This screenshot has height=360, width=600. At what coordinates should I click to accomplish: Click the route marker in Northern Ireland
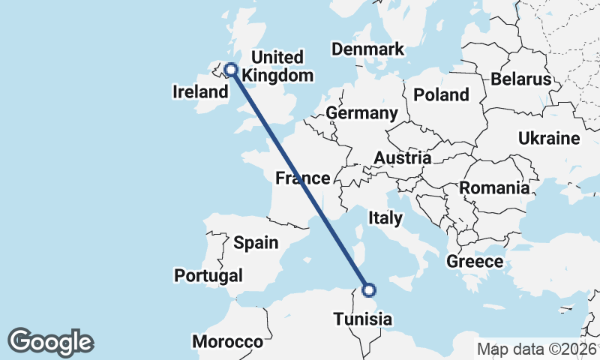pyautogui.click(x=231, y=70)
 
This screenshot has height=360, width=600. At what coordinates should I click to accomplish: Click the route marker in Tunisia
pyautogui.click(x=369, y=290)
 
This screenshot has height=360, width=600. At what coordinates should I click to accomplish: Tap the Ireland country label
pyautogui.click(x=200, y=92)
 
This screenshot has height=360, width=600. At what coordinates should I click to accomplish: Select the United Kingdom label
pyautogui.click(x=277, y=67)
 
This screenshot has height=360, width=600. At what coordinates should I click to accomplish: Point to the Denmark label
pyautogui.click(x=368, y=49)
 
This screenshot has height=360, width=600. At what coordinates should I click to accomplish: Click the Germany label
pyautogui.click(x=361, y=113)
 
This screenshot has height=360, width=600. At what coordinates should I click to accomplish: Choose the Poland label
pyautogui.click(x=442, y=94)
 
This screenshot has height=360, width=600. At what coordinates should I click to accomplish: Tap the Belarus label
pyautogui.click(x=521, y=79)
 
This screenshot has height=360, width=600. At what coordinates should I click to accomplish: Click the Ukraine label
pyautogui.click(x=549, y=139)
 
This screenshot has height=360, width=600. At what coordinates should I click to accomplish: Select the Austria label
pyautogui.click(x=403, y=158)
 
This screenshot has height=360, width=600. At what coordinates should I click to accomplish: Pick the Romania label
pyautogui.click(x=494, y=188)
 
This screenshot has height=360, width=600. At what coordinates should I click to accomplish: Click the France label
pyautogui.click(x=302, y=178)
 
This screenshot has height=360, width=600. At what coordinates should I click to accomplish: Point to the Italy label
pyautogui.click(x=385, y=218)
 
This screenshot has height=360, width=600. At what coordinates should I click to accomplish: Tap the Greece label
pyautogui.click(x=474, y=262)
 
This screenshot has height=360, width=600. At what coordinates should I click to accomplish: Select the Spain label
pyautogui.click(x=256, y=242)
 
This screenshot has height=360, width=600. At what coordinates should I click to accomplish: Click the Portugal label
pyautogui.click(x=208, y=276)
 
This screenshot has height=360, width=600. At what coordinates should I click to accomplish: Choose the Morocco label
pyautogui.click(x=228, y=342)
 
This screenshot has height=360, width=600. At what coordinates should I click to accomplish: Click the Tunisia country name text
pyautogui.click(x=363, y=320)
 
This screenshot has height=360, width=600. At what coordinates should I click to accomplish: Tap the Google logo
pyautogui.click(x=50, y=342)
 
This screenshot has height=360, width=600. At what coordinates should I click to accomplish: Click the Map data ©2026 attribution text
pyautogui.click(x=537, y=349)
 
